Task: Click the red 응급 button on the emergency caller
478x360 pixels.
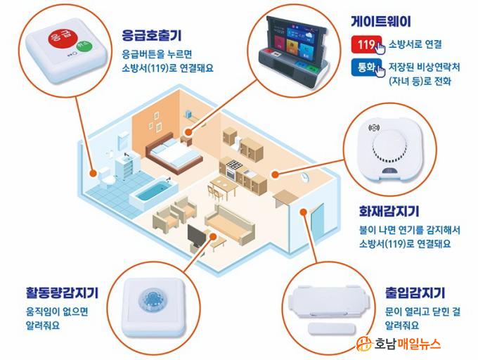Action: coord(60,37)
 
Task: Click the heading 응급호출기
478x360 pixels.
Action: coord(152,35)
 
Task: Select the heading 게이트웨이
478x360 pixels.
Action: coord(381,21)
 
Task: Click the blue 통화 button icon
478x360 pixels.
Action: coord(366,67)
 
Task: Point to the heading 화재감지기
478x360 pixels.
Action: coord(389,211)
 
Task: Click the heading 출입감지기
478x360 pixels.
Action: coord(415,292)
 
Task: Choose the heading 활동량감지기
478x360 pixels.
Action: coord(62,292)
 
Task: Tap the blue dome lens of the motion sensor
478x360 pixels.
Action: coord(152,300)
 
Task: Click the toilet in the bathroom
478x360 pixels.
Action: coord(105,177)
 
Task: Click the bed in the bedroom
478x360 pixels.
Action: coord(174,153)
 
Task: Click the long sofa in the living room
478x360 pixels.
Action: coord(230,224)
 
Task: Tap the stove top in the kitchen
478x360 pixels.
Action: coord(234,165)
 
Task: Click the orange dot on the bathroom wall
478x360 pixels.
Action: coord(93,174)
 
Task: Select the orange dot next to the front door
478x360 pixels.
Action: coord(303,212)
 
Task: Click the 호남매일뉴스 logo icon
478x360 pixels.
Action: coord(364,344)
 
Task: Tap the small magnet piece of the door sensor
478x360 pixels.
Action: coord(332,329)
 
